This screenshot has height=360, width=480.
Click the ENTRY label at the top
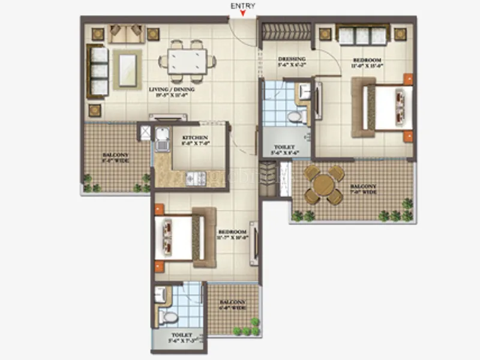(x=244, y=5)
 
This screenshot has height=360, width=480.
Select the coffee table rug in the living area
(x=127, y=68)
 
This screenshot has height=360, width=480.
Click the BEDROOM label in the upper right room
(x=367, y=62)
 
